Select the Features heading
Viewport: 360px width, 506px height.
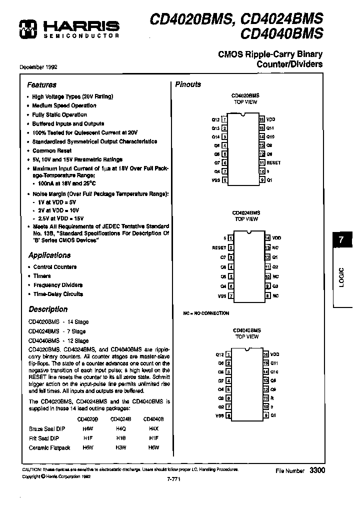(x=41, y=85)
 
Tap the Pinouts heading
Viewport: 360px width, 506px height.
(x=188, y=84)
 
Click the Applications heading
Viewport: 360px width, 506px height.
(x=49, y=255)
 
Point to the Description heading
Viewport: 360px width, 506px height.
(x=47, y=309)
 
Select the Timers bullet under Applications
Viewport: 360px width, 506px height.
(x=42, y=275)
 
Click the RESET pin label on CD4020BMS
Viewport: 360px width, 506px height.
(x=273, y=162)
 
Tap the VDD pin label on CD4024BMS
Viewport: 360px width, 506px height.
(x=276, y=238)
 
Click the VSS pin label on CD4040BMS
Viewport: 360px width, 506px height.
(x=219, y=415)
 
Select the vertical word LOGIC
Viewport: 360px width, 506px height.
(x=341, y=276)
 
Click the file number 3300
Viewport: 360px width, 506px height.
(x=316, y=470)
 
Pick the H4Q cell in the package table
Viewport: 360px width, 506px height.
(x=120, y=428)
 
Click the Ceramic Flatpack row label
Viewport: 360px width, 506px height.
(x=49, y=447)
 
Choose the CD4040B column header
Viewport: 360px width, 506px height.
(x=153, y=419)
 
